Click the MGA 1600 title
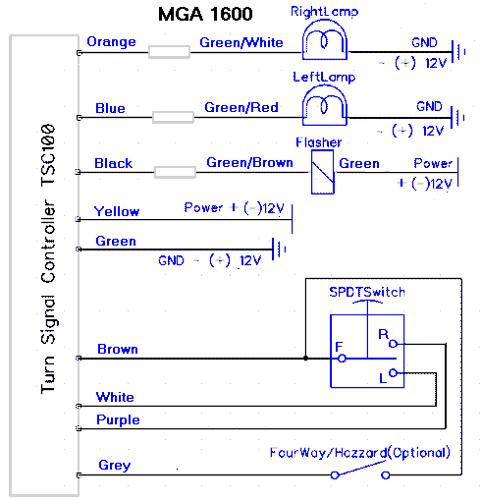pyautogui.click(x=205, y=14)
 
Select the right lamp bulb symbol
pyautogui.click(x=325, y=40)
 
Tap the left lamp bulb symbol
pyautogui.click(x=325, y=105)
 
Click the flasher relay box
pyautogui.click(x=323, y=172)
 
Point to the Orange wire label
pyautogui.click(x=111, y=42)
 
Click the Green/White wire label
pyautogui.click(x=241, y=42)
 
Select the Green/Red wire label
pyautogui.click(x=241, y=107)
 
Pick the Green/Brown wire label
pyautogui.click(x=249, y=162)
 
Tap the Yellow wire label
pyautogui.click(x=117, y=211)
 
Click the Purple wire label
pyautogui.click(x=118, y=420)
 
